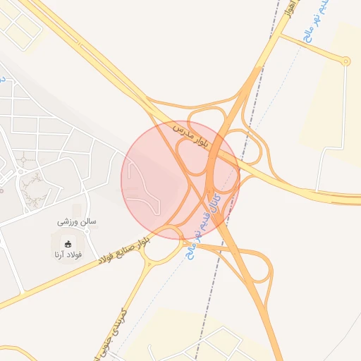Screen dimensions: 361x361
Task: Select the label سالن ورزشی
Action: (x=77, y=221)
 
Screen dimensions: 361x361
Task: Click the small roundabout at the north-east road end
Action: (x=345, y=61)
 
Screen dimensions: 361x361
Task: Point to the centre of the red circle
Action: (x=180, y=180)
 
